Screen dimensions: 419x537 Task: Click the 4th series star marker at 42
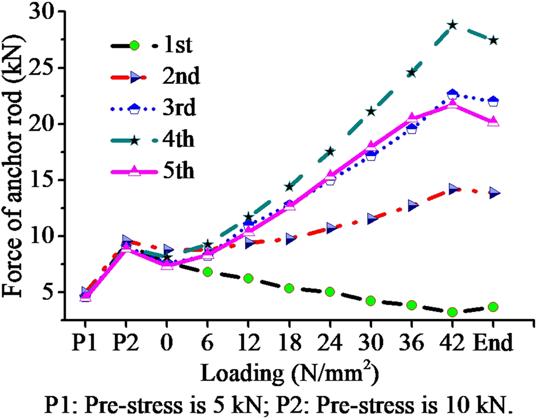point(452,25)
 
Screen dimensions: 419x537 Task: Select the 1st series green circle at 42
point(452,312)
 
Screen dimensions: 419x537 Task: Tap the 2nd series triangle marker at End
point(494,194)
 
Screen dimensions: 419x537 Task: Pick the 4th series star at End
point(494,40)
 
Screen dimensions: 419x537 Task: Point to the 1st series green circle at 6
point(208,272)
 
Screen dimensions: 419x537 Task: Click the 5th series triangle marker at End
point(494,121)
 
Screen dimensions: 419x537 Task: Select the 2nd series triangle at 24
point(331,228)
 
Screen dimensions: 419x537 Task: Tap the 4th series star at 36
point(412,72)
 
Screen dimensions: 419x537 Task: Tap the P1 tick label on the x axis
point(85,344)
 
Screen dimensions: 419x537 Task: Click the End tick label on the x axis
point(494,344)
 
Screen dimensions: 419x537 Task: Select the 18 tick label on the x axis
point(290,344)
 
